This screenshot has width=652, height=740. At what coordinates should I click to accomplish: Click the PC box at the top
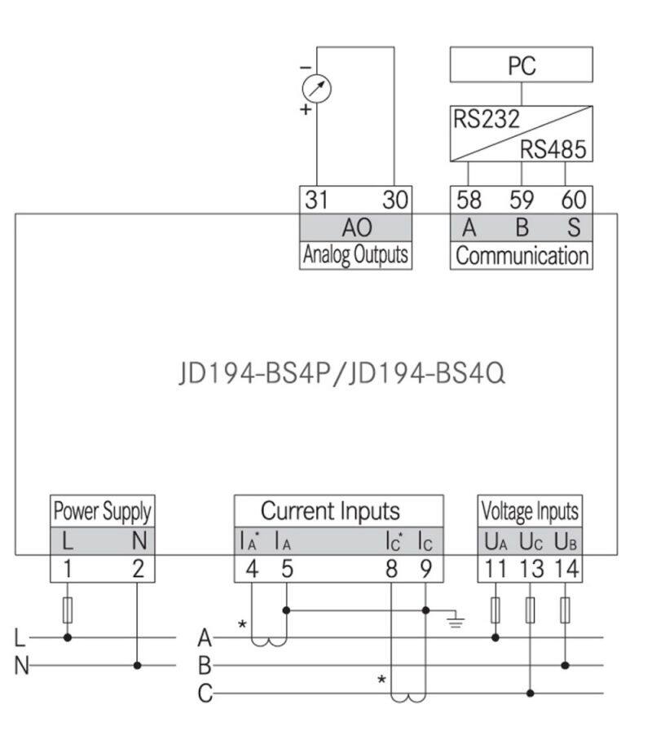coord(521,65)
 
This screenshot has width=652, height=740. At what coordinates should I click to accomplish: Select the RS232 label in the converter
coord(486,120)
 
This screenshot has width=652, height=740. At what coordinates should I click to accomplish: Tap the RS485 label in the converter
coord(553,149)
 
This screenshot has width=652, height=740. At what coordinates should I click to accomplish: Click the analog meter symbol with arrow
coord(317,89)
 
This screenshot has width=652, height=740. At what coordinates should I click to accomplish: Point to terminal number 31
coord(315,200)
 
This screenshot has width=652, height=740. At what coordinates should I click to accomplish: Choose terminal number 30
coord(394,200)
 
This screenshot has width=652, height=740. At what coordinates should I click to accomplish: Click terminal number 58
coord(469,200)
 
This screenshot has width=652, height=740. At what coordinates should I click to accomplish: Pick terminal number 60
coord(574,200)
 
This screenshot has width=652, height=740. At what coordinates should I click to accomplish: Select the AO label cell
coord(355,227)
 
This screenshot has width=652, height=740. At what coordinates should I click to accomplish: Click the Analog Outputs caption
coord(355,255)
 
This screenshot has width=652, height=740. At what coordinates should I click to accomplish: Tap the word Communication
coord(522,255)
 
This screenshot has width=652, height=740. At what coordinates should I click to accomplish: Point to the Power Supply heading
coord(102,512)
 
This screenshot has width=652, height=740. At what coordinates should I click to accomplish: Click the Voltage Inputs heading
coord(530,512)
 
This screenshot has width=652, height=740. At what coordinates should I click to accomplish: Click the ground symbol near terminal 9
coord(456,623)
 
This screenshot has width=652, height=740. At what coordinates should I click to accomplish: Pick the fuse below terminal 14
coord(566,610)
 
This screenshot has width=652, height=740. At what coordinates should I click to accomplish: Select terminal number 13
coord(531,569)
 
